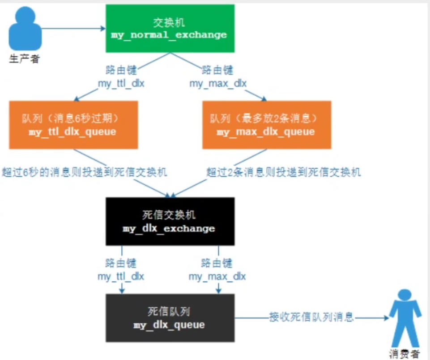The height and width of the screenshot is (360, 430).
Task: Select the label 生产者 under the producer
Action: [24, 59]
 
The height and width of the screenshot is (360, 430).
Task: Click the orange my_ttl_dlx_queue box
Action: [73, 125]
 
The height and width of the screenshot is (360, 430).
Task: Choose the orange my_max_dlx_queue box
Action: [267, 125]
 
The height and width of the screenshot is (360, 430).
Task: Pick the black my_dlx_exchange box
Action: [170, 221]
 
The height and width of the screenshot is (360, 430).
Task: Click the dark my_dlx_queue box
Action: [170, 318]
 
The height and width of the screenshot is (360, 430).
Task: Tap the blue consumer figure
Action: [405, 318]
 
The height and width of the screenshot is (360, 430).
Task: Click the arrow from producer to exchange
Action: [74, 29]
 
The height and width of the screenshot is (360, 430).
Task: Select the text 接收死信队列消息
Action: [311, 317]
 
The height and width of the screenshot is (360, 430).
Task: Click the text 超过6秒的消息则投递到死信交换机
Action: [85, 173]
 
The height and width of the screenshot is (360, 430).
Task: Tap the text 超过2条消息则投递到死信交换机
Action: [284, 173]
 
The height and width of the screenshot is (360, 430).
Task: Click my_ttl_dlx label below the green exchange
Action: [121, 83]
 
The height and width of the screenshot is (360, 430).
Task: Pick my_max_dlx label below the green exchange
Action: [218, 83]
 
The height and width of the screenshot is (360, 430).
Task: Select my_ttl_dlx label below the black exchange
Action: [121, 276]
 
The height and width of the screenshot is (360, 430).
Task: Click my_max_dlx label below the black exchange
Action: [217, 276]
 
